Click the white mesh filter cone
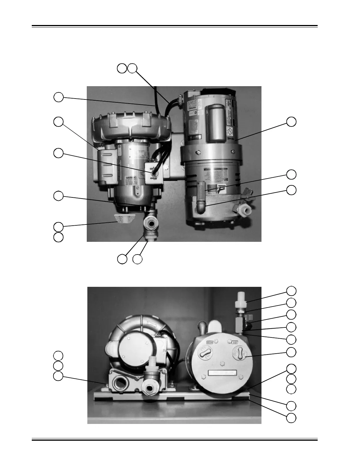point(123,219)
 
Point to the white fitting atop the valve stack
point(241,299)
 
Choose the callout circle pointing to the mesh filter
point(59,227)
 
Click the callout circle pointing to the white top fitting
point(291,290)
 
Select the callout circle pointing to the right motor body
point(291,122)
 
